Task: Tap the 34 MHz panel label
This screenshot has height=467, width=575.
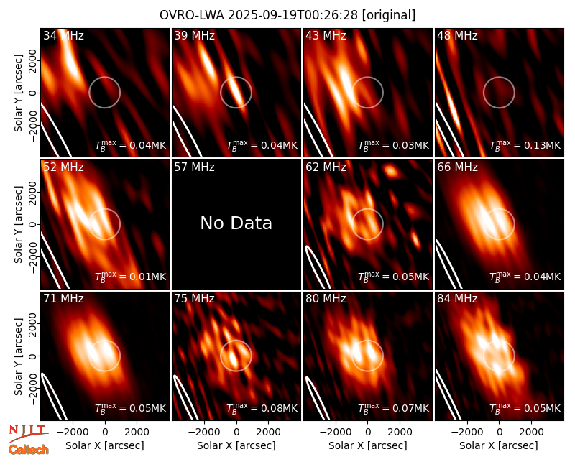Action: tap(63, 35)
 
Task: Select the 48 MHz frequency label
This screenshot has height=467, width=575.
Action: tap(457, 35)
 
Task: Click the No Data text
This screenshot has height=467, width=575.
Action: tap(236, 223)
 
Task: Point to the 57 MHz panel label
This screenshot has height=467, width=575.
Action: tap(194, 167)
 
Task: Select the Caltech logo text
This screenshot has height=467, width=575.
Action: tap(29, 450)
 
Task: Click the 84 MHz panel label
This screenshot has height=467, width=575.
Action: tap(457, 299)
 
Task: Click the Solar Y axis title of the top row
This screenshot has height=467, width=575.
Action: tap(19, 93)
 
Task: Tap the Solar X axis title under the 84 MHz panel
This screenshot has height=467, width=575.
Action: tap(499, 445)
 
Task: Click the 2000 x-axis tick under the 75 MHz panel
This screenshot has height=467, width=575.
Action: tap(269, 432)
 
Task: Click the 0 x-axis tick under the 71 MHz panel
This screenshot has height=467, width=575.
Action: tap(105, 432)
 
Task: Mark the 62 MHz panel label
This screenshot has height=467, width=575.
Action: tap(326, 167)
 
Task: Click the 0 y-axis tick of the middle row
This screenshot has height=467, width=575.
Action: tap(33, 224)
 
